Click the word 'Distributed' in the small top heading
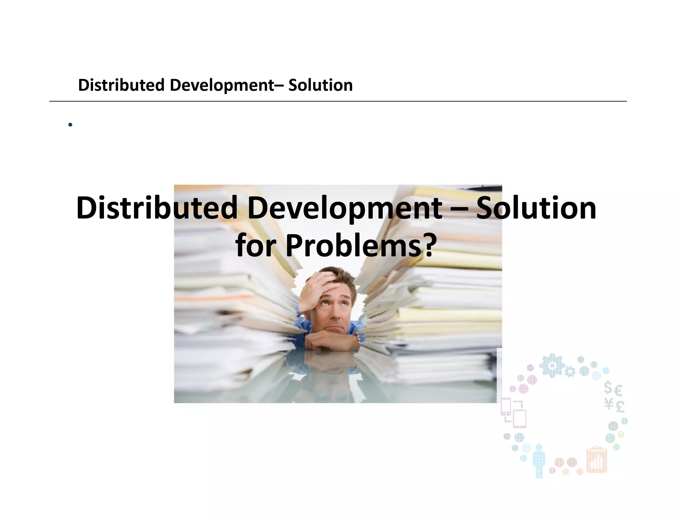click(x=121, y=85)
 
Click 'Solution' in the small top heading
click(x=320, y=85)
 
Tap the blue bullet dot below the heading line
click(x=70, y=125)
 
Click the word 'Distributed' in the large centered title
click(x=157, y=208)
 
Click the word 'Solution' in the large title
click(x=536, y=208)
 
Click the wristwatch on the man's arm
click(x=357, y=337)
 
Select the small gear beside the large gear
click(x=570, y=372)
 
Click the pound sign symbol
click(x=620, y=407)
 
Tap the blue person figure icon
click(x=539, y=461)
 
